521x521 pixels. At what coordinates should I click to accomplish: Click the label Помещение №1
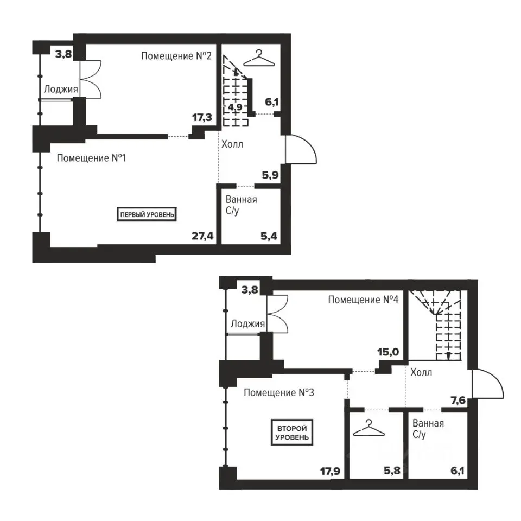(x=91, y=158)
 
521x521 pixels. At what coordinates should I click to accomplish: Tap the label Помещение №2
(x=176, y=56)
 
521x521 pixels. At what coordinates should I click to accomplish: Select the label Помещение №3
(x=279, y=392)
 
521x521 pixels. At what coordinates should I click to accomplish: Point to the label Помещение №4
(x=363, y=300)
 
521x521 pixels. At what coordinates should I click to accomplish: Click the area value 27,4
(x=202, y=236)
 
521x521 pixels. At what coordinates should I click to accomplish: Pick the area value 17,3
(x=202, y=117)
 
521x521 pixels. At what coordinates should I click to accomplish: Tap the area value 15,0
(x=388, y=352)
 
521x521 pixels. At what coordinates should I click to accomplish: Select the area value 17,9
(x=331, y=471)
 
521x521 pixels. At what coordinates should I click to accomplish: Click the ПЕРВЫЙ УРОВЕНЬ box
(x=147, y=214)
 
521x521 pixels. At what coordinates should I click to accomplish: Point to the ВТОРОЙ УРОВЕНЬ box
(x=292, y=433)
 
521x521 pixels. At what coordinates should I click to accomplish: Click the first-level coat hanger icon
(x=259, y=59)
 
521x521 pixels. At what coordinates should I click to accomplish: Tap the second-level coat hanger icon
(x=369, y=428)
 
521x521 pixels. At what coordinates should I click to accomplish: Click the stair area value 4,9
(x=235, y=107)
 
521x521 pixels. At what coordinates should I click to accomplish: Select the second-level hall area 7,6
(x=458, y=401)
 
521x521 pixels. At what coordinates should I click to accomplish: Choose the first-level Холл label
(x=232, y=144)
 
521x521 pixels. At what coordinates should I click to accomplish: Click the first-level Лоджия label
(x=61, y=89)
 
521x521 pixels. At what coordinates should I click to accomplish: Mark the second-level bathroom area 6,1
(x=457, y=471)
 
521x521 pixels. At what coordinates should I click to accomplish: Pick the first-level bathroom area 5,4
(x=269, y=236)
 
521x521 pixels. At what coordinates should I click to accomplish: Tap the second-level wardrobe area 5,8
(x=392, y=471)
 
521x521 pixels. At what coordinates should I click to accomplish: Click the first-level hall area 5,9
(x=270, y=175)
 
